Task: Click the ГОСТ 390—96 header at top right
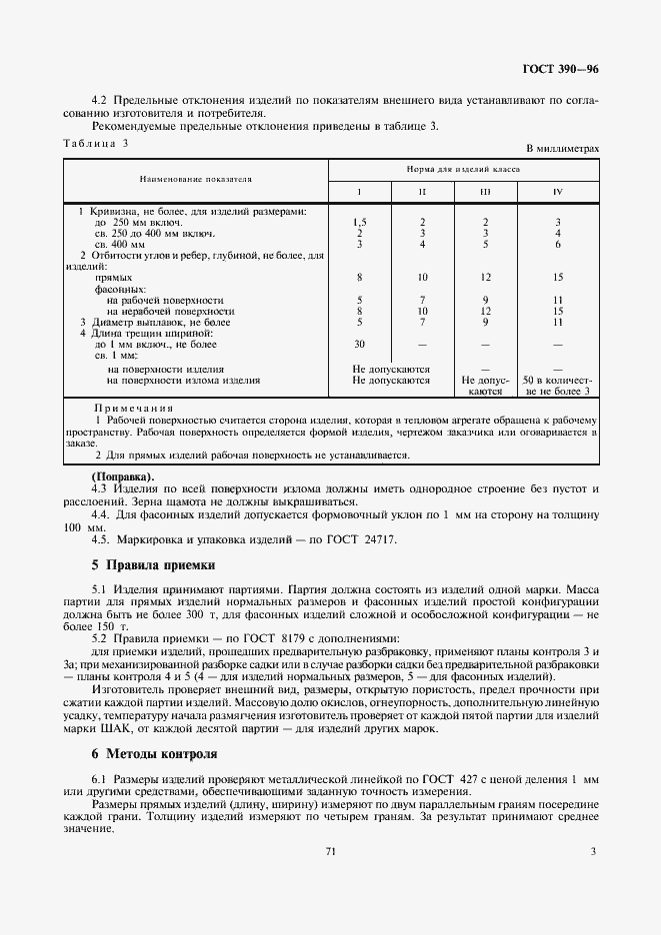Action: click(560, 69)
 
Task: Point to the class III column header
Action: click(484, 190)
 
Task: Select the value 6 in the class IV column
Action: click(558, 244)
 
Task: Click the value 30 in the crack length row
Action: click(360, 345)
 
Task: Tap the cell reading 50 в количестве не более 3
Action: click(558, 386)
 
